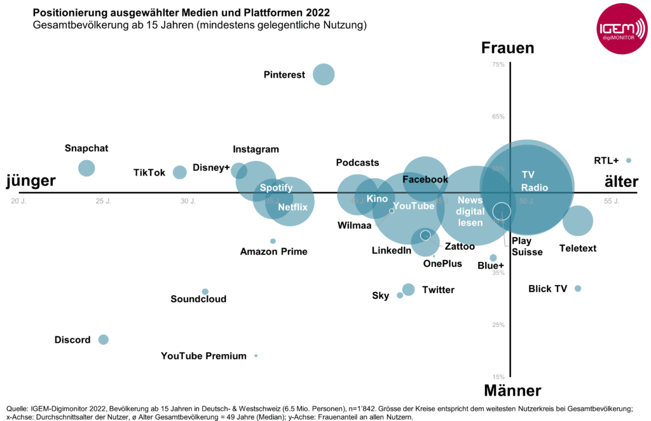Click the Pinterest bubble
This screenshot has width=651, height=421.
[x=324, y=74]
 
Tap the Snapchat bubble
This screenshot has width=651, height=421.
[x=86, y=168]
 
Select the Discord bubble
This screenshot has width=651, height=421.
[x=103, y=340]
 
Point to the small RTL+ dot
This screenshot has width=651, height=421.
[x=629, y=160]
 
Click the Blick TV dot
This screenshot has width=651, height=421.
[x=578, y=289]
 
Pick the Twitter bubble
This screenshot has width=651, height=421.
[x=408, y=289]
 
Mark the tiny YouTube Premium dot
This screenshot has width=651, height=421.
[x=256, y=356]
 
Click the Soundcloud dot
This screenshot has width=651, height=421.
[x=205, y=292]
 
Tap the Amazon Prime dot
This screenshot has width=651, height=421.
[x=273, y=241]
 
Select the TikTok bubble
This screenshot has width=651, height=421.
[x=180, y=172]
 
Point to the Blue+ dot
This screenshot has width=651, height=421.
[x=493, y=258]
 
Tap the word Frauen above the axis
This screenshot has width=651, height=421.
[x=507, y=48]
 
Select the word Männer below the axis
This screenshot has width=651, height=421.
[x=512, y=390]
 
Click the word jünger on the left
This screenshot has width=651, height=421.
[x=31, y=182]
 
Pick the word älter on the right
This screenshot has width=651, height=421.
[x=620, y=183]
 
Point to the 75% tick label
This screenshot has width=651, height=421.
[x=498, y=64]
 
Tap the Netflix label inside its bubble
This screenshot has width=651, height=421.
[x=292, y=206]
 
